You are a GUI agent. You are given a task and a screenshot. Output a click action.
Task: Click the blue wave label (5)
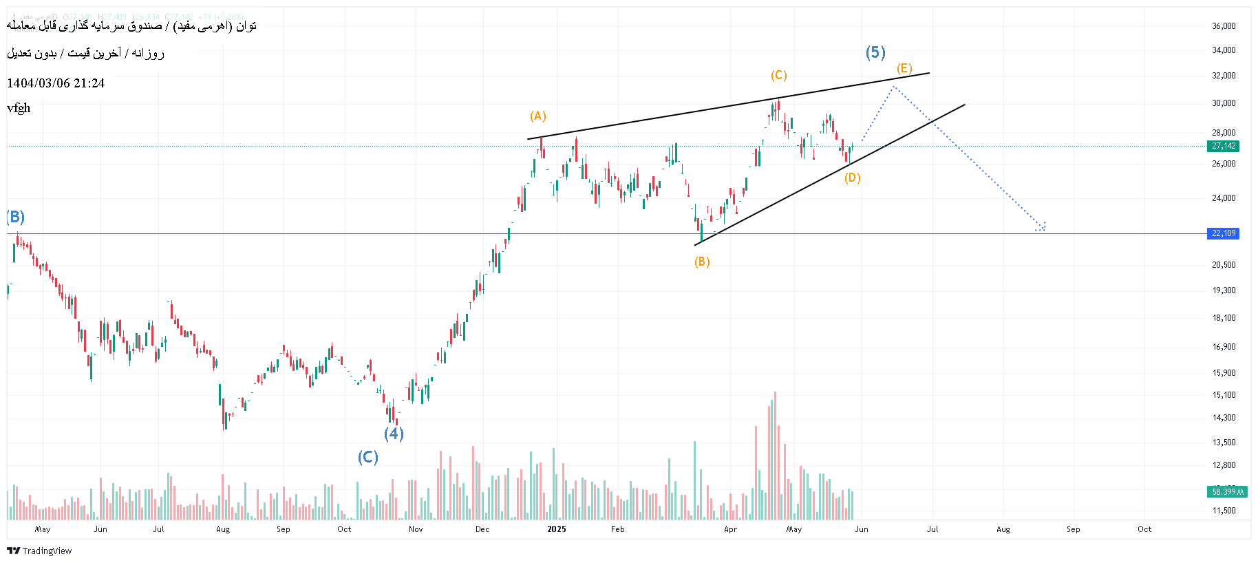click(875, 52)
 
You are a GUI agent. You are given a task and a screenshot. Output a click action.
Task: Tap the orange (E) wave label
click(904, 68)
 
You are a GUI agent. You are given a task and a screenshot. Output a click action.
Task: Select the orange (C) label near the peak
click(778, 75)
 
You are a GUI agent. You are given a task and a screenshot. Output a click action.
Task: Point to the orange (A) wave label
click(537, 116)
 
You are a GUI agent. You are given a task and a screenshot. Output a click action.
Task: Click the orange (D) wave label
click(853, 178)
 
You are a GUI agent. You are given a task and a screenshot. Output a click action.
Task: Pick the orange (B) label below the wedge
click(702, 262)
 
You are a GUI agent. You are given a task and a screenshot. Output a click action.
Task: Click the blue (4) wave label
click(393, 434)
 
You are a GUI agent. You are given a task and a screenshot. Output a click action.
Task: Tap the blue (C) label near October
click(367, 457)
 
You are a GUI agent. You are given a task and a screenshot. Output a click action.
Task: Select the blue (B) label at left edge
click(15, 217)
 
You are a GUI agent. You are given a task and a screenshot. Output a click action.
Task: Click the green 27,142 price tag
click(1224, 146)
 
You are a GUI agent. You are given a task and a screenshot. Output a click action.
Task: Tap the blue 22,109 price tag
click(1224, 233)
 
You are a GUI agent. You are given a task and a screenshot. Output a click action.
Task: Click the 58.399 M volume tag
click(1227, 491)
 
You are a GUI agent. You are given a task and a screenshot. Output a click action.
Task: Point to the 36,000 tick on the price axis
click(1224, 26)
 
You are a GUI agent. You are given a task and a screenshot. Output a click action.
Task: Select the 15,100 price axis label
click(1224, 395)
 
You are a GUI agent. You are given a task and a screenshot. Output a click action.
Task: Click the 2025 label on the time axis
click(556, 529)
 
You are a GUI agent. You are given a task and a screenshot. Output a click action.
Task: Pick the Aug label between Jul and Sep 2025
click(1003, 529)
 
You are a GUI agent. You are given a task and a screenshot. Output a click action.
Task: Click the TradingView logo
click(39, 551)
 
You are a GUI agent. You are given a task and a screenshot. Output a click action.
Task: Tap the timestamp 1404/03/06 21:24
click(56, 83)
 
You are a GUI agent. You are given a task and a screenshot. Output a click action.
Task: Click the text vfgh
click(19, 108)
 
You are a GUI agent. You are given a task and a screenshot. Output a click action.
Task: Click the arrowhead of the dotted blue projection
click(1043, 227)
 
